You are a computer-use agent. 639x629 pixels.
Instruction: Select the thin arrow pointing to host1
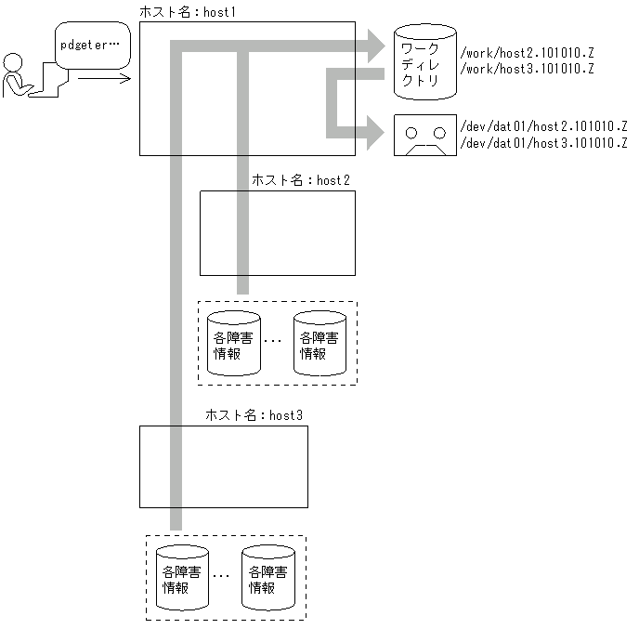[x=103, y=79]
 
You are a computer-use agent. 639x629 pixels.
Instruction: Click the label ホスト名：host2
[x=300, y=180]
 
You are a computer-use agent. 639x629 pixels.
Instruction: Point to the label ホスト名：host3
[x=254, y=414]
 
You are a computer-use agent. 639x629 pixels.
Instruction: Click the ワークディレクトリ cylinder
[x=424, y=62]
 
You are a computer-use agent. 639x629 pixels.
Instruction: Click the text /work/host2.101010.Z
[x=527, y=54]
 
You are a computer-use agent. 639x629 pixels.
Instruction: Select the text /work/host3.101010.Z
[x=527, y=70]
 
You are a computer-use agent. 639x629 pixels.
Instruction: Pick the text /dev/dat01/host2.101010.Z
[x=543, y=126]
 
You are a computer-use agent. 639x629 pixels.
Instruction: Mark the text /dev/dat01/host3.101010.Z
[x=543, y=142]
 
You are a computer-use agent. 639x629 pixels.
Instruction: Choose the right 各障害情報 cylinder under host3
[x=267, y=577]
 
